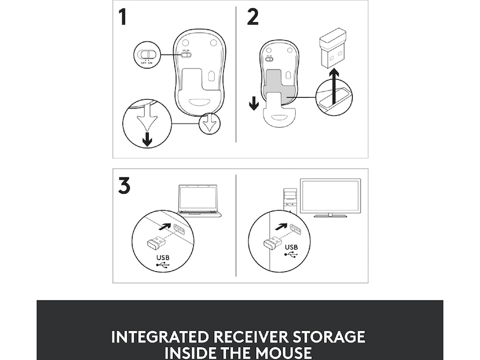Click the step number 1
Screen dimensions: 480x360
[123, 17]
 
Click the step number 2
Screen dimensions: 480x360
[253, 17]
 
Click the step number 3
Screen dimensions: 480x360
[124, 185]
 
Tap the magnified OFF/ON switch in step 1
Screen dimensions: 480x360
[147, 54]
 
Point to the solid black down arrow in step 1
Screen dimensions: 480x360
[148, 139]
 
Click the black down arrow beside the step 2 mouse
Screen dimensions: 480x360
[254, 103]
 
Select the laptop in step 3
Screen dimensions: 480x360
[199, 200]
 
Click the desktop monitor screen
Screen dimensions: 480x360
[331, 196]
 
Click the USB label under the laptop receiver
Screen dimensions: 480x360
[163, 258]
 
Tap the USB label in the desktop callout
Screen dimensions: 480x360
[291, 247]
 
